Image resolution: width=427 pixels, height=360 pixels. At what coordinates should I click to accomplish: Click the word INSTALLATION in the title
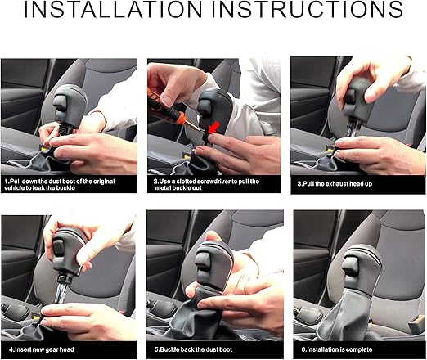[x=113, y=9]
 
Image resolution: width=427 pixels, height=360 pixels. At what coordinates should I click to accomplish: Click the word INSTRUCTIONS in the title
[x=308, y=9]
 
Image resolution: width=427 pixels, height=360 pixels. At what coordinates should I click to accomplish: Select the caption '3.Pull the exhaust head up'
[x=335, y=184]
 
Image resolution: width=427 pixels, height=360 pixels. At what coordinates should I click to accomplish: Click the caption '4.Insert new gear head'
[x=42, y=349]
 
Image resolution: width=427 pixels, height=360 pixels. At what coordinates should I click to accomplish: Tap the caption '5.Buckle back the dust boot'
[x=193, y=349]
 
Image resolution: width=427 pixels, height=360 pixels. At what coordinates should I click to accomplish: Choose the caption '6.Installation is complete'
[x=337, y=349]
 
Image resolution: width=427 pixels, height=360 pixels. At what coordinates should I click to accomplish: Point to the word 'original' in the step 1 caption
[x=104, y=182]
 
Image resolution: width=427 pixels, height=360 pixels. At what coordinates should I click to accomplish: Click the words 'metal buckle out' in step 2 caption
[x=178, y=188]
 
